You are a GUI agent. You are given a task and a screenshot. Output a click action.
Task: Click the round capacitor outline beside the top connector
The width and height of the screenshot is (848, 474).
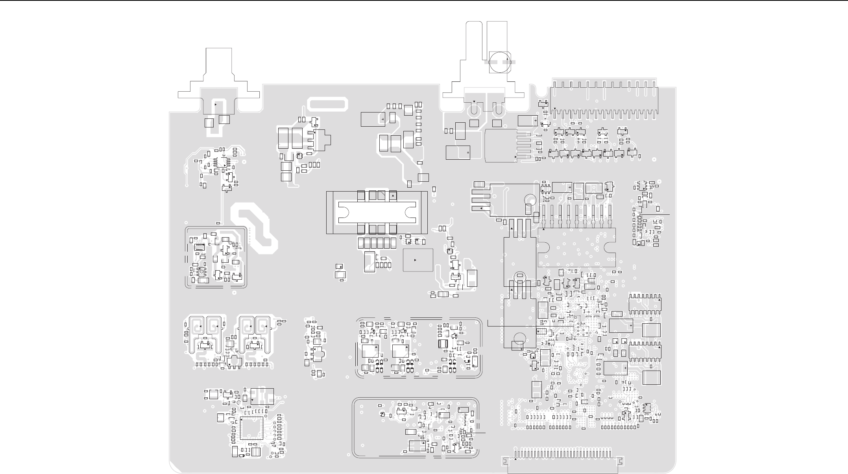tap(499, 62)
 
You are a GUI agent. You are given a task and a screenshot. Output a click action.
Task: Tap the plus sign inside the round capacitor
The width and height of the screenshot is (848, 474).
tap(508, 59)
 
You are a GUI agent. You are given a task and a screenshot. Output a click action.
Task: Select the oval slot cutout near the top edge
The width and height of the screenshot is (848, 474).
tap(328, 104)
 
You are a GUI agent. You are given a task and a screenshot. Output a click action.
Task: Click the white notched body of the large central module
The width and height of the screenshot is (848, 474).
tap(377, 212)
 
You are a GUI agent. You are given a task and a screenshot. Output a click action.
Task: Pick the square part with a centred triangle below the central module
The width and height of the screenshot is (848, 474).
tap(418, 260)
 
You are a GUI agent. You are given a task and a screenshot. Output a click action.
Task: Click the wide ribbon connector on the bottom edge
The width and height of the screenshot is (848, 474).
tap(563, 461)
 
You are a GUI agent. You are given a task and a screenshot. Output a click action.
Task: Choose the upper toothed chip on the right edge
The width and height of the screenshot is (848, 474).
tap(645, 304)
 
